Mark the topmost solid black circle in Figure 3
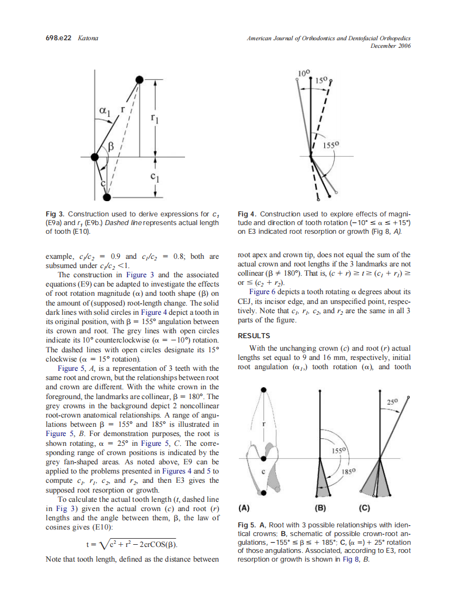point(139,80)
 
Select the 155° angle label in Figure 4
point(331,145)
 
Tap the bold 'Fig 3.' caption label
point(54,214)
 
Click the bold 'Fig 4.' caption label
point(248,214)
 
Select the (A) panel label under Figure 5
point(244,509)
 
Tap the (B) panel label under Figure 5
point(321,509)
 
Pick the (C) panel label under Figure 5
point(365,509)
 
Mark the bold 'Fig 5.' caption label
point(248,525)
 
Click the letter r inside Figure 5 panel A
point(263,423)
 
